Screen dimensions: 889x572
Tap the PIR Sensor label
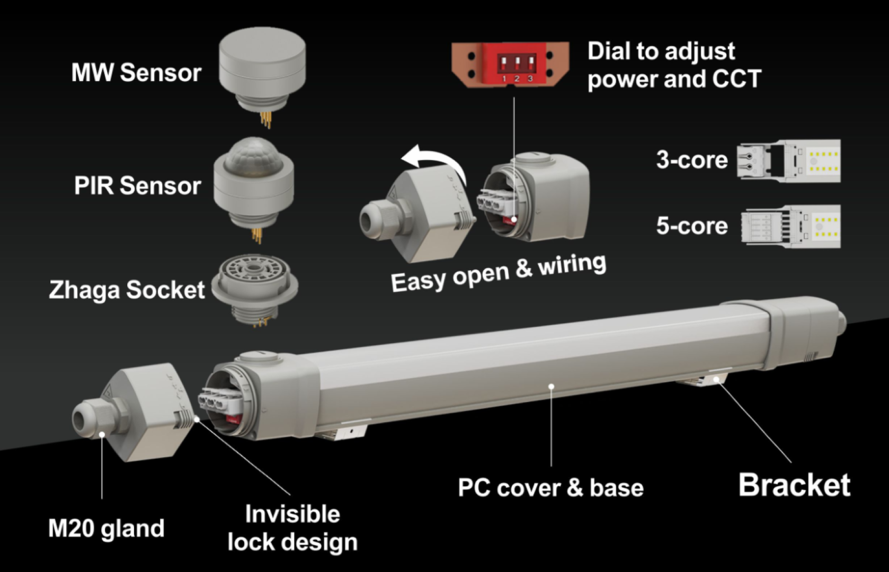tap(138, 185)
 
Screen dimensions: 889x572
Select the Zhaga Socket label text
tap(127, 290)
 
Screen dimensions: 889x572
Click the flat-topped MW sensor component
tap(262, 75)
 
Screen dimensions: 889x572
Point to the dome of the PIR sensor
tap(254, 155)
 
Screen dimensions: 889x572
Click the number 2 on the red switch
tap(517, 78)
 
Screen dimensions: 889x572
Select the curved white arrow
tap(434, 164)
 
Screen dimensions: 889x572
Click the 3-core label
tap(692, 160)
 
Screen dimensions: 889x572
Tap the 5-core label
tap(692, 226)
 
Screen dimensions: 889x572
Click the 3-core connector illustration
tap(788, 161)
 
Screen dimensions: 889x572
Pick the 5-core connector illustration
tap(790, 227)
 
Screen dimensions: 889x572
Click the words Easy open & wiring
tap(499, 273)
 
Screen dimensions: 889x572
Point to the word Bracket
tap(794, 484)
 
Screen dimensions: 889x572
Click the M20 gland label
tap(106, 529)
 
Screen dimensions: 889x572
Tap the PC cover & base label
tap(550, 487)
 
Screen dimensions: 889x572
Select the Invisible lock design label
tap(292, 528)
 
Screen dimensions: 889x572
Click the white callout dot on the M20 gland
tap(102, 434)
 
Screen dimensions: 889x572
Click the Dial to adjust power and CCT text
tap(674, 65)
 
